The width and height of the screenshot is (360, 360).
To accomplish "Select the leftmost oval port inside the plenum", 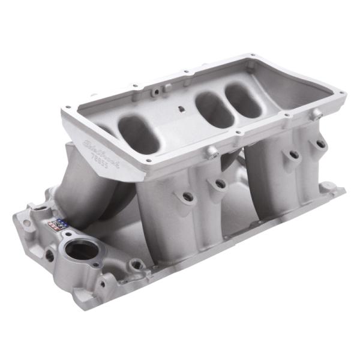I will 139,133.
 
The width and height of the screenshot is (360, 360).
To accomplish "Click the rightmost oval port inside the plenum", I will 244,100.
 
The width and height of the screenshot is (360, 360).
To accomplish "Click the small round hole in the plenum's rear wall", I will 155,92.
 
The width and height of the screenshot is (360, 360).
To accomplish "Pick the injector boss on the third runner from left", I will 293,155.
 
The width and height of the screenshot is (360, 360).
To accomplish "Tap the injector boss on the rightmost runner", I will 320,144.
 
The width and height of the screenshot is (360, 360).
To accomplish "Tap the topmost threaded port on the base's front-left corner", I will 40,209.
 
